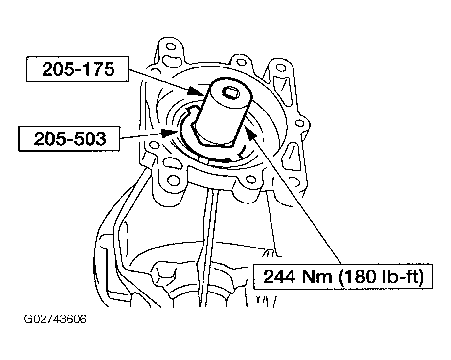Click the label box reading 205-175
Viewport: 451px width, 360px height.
tap(77, 69)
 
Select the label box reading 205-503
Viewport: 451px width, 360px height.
tap(69, 138)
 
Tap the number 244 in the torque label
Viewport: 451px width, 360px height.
tap(279, 277)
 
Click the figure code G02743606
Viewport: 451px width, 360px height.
tap(55, 319)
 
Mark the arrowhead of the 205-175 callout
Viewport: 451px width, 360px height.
tap(197, 91)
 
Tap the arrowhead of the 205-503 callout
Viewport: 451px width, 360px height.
tap(170, 133)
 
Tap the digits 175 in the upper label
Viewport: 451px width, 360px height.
tap(98, 69)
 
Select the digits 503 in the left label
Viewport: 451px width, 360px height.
tap(90, 138)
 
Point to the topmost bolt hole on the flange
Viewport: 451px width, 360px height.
tap(170, 46)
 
